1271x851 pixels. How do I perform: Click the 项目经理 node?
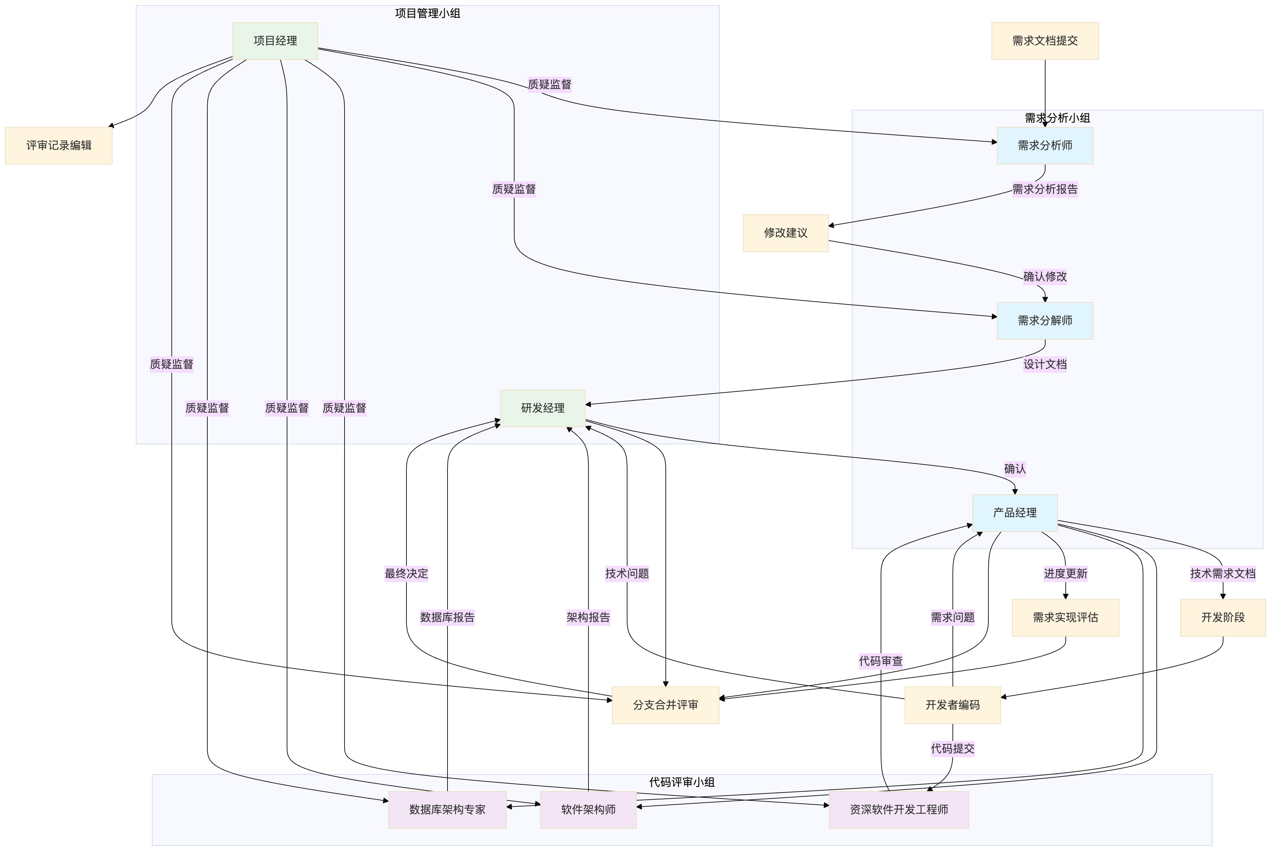pos(275,41)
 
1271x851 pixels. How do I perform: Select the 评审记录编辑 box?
pos(59,145)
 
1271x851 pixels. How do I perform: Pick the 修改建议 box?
pos(785,233)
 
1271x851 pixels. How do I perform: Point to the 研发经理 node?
pos(542,408)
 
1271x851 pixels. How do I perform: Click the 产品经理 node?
pos(1014,513)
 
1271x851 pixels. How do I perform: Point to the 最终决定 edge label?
pos(406,574)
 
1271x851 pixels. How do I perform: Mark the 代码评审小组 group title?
pos(681,782)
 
